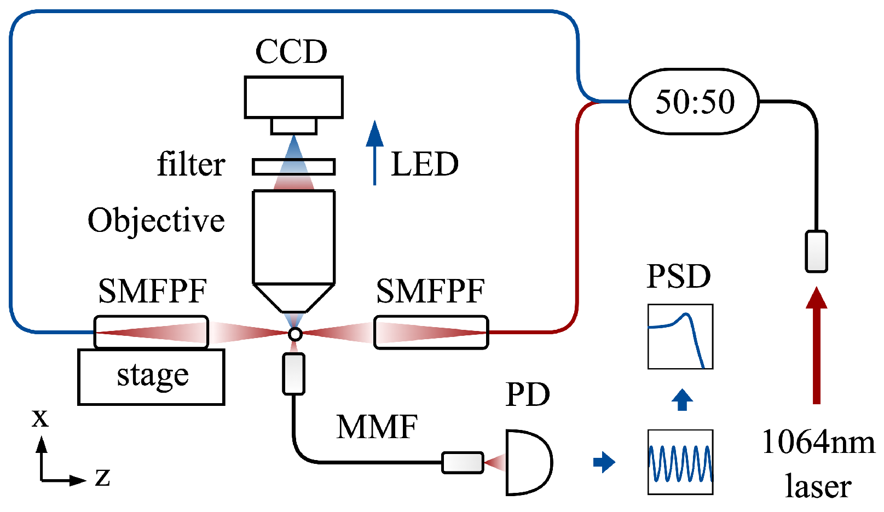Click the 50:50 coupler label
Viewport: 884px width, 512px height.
coord(694,102)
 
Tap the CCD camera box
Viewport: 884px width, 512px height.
coord(293,97)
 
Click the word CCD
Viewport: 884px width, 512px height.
coord(291,52)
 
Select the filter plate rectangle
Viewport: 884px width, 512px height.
coord(293,167)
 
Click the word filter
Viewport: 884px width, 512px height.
coord(190,164)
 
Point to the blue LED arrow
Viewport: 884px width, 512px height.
coord(374,153)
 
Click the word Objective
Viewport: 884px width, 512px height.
coord(156,220)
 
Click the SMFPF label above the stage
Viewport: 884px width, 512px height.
coord(152,291)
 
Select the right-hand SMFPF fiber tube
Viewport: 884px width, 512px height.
coord(431,332)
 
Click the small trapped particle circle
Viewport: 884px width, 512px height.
coord(294,334)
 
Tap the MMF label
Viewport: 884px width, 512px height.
coord(377,427)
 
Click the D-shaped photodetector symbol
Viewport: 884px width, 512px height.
coord(527,463)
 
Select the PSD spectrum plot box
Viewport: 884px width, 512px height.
coord(680,336)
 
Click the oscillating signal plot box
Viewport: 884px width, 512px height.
coord(680,462)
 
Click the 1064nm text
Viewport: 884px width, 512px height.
coord(818,442)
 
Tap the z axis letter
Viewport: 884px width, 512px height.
coord(102,477)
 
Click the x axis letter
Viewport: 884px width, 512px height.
coord(40,418)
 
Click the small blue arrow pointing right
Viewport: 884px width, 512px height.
coord(604,462)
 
